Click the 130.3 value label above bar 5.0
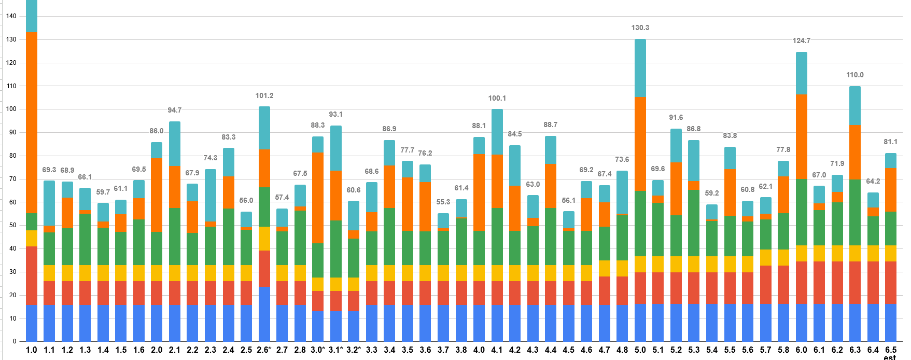[x=640, y=27]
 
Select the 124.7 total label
[x=802, y=40]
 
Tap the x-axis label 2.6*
[x=264, y=350]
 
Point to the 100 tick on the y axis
[x=11, y=109]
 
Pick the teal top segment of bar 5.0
[x=640, y=68]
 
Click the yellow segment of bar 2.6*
[x=264, y=239]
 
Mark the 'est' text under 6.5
[x=890, y=357]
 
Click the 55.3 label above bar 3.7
[x=443, y=202]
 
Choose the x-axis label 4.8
[x=622, y=350]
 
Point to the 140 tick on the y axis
[x=11, y=16]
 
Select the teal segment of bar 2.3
[x=211, y=195]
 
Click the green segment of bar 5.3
[x=694, y=223]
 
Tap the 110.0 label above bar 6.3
[x=855, y=75]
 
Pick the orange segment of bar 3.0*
[x=318, y=198]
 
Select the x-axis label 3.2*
[x=354, y=350]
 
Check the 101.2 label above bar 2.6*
[x=264, y=95]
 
